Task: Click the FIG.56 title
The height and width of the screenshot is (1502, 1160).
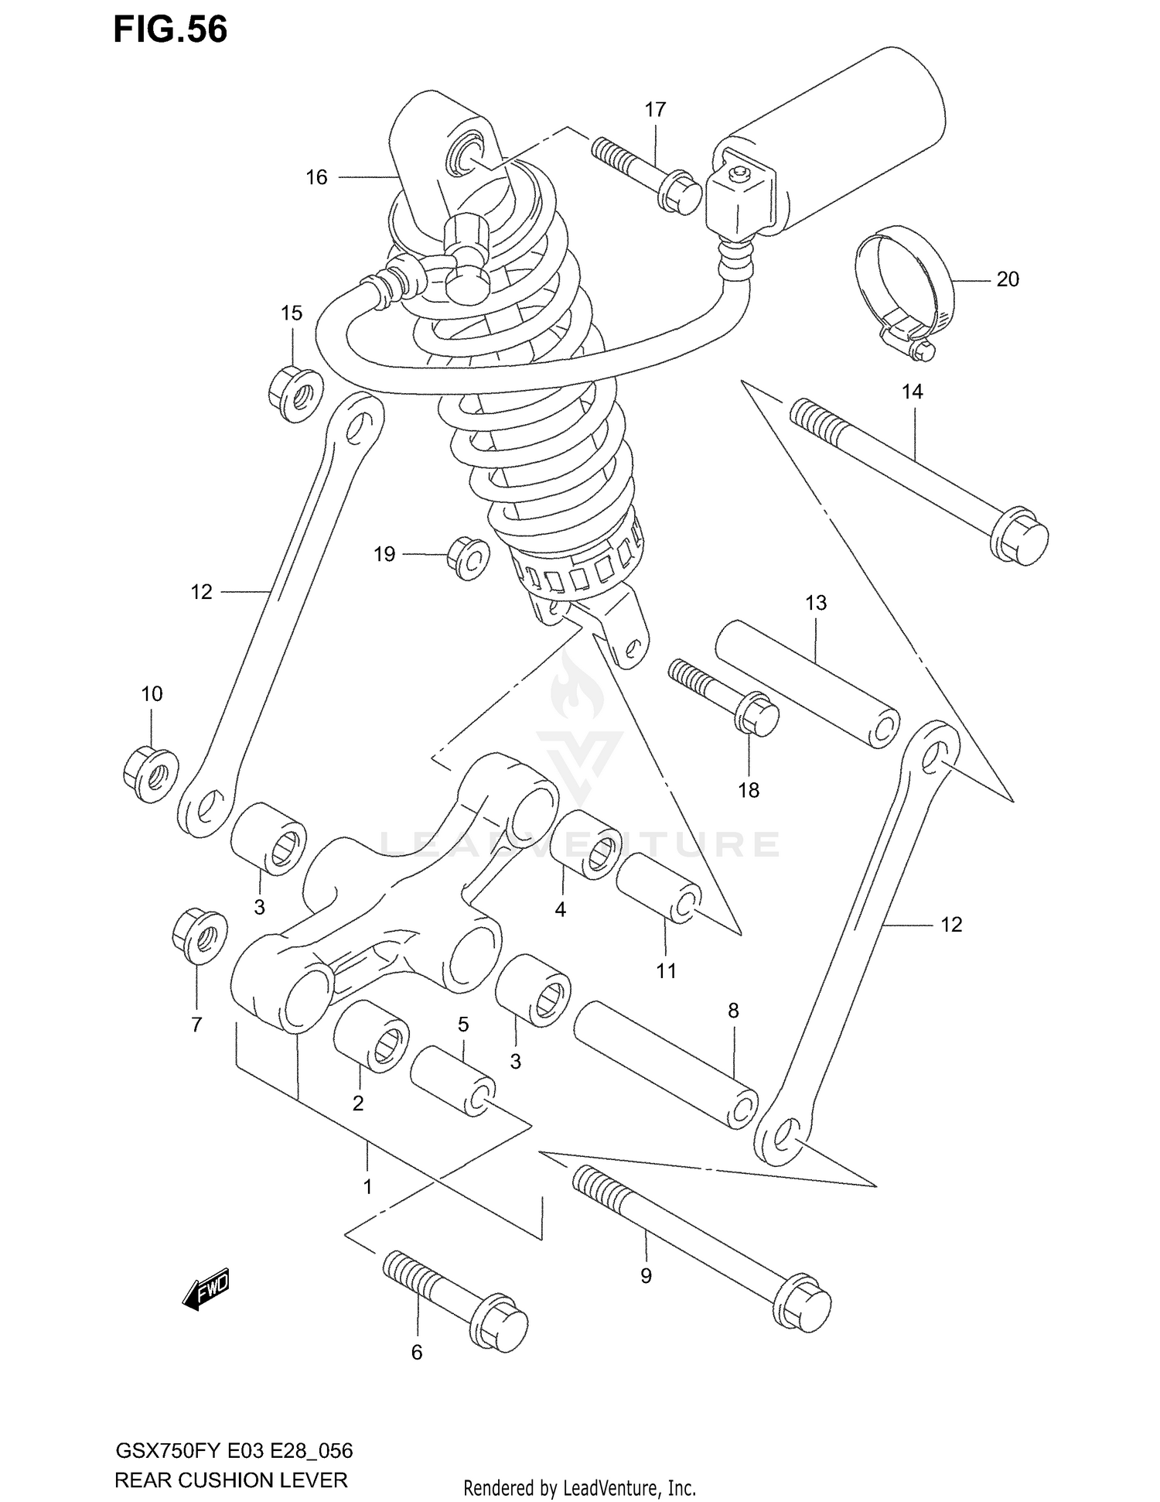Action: pyautogui.click(x=170, y=29)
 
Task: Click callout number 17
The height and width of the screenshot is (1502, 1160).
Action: pyautogui.click(x=655, y=110)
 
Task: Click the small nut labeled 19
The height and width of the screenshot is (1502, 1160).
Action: pyautogui.click(x=468, y=557)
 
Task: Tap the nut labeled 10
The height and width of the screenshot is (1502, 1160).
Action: pyautogui.click(x=151, y=773)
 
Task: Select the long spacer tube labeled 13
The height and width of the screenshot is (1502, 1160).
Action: pyautogui.click(x=806, y=683)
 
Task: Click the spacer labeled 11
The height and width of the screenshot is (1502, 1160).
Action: pyautogui.click(x=658, y=888)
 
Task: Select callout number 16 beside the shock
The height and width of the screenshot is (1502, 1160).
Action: pyautogui.click(x=316, y=178)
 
